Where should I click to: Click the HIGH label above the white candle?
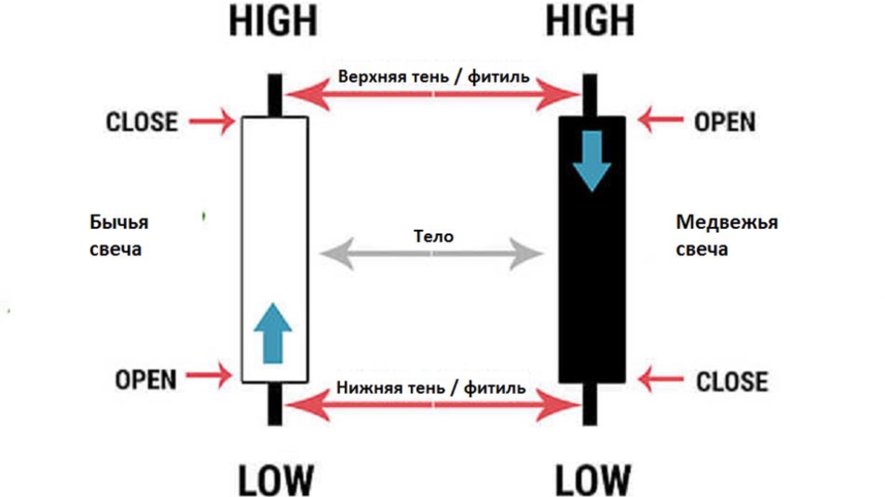click(x=273, y=21)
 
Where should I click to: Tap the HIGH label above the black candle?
click(x=590, y=21)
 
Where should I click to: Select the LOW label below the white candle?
click(x=276, y=480)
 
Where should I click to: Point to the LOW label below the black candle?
click(x=593, y=480)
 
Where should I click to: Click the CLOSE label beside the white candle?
click(x=142, y=122)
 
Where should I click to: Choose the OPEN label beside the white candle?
click(x=146, y=380)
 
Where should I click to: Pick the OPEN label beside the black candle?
click(x=725, y=122)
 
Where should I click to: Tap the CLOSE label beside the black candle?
click(x=732, y=381)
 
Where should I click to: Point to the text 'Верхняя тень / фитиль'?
click(x=434, y=76)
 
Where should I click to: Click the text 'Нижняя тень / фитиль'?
click(x=431, y=388)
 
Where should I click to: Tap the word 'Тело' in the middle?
click(x=434, y=237)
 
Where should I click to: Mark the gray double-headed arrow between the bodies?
click(x=432, y=254)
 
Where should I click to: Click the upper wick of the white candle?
click(x=275, y=95)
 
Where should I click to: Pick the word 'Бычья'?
click(x=119, y=222)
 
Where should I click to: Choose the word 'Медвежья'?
click(x=727, y=222)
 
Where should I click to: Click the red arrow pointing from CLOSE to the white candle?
click(x=212, y=122)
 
